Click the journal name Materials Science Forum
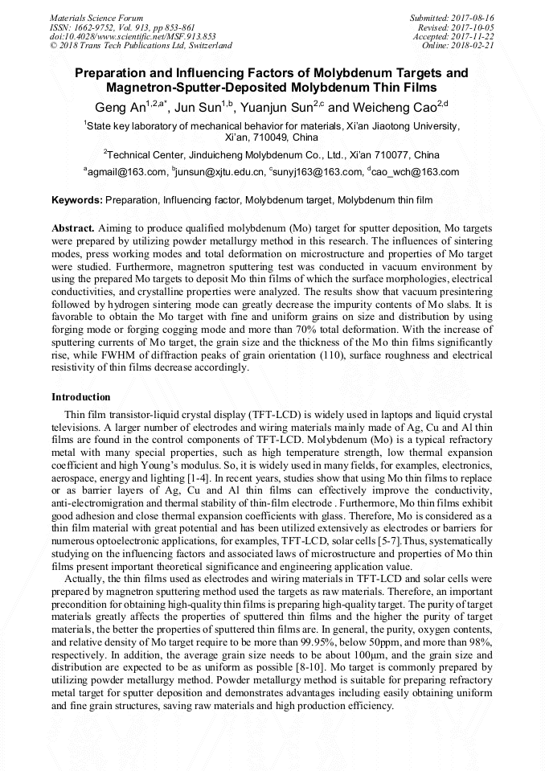point(96,18)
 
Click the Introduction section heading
point(81,397)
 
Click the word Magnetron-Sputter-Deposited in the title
point(186,87)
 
